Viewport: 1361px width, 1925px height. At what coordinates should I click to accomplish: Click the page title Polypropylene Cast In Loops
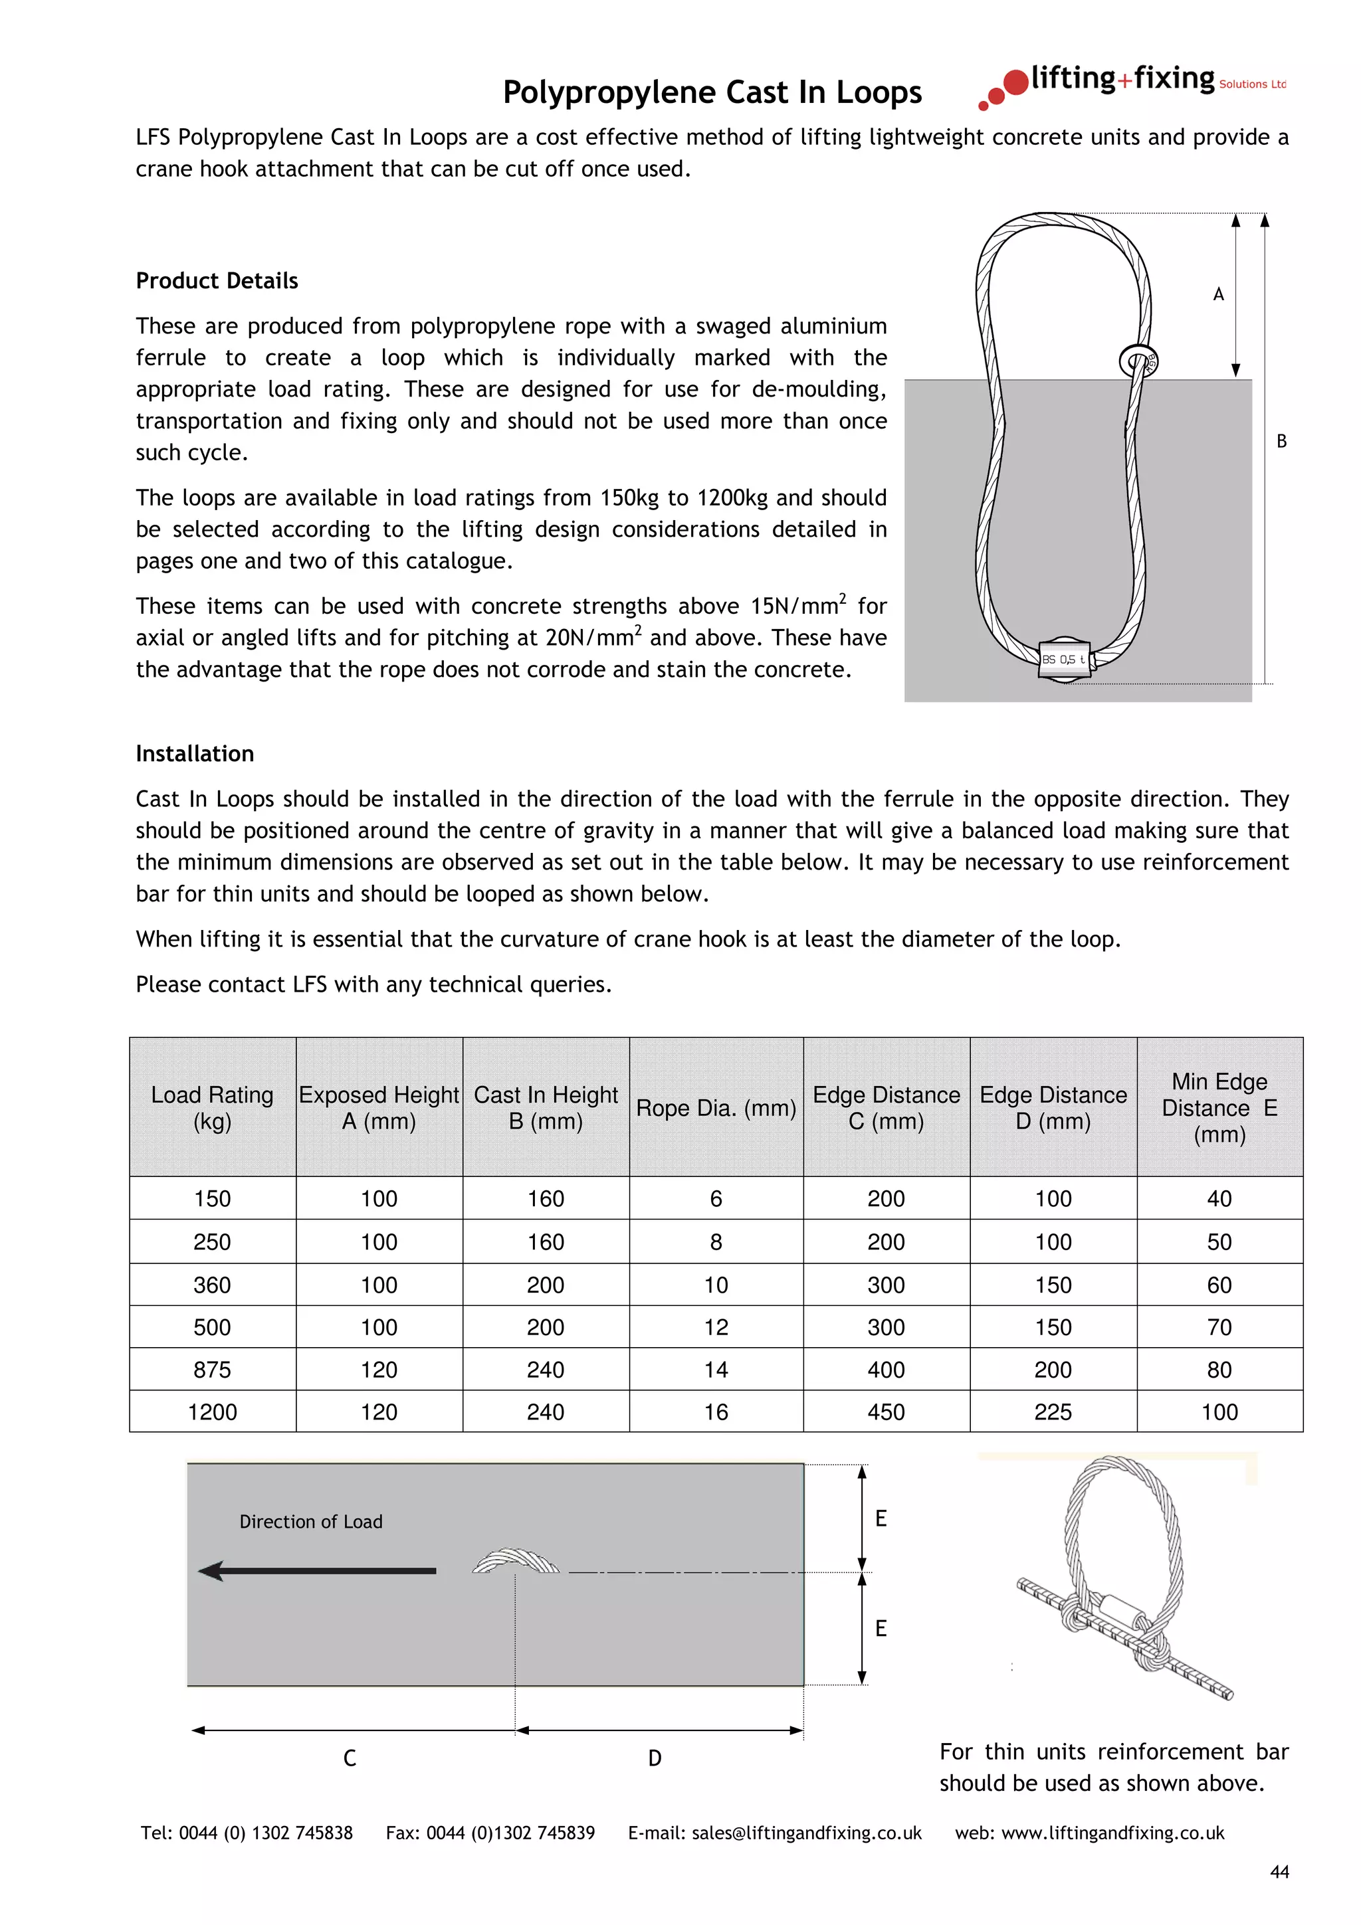711,92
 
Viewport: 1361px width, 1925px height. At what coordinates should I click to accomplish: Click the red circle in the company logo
1015,82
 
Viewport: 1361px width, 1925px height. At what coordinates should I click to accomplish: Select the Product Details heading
217,281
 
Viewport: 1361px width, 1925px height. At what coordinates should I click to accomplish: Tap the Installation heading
195,754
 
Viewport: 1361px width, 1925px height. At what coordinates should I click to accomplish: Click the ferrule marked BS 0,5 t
1063,660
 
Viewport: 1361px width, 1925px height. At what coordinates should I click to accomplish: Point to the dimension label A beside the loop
1217,294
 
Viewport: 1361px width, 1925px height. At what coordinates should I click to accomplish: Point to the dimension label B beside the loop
1281,441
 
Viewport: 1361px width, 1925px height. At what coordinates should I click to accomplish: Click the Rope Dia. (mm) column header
715,1107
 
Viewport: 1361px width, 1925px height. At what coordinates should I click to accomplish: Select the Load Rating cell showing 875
212,1369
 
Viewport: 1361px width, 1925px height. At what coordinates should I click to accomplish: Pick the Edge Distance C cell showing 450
886,1412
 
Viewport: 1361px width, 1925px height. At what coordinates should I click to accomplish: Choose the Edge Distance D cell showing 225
1053,1412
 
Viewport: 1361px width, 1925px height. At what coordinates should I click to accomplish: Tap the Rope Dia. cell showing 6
715,1199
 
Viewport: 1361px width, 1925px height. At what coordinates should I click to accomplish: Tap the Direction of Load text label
310,1522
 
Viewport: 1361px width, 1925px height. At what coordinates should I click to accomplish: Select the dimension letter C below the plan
350,1758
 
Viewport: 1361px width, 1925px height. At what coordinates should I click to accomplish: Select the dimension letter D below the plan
655,1758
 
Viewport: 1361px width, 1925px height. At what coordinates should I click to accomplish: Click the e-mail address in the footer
806,1833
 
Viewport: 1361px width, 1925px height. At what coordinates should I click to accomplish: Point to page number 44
1279,1872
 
